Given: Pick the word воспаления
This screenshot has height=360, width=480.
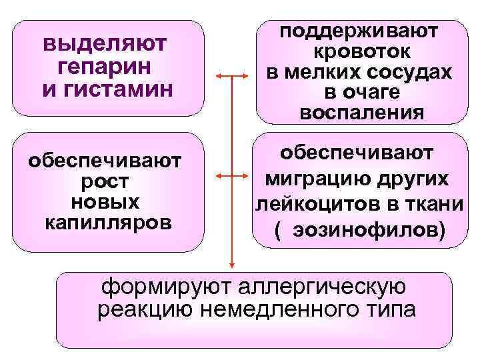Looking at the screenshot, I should pyautogui.click(x=361, y=112).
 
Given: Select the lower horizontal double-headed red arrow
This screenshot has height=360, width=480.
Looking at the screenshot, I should pyautogui.click(x=231, y=177).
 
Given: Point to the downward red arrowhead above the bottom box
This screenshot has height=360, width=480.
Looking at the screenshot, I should pyautogui.click(x=231, y=265).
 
